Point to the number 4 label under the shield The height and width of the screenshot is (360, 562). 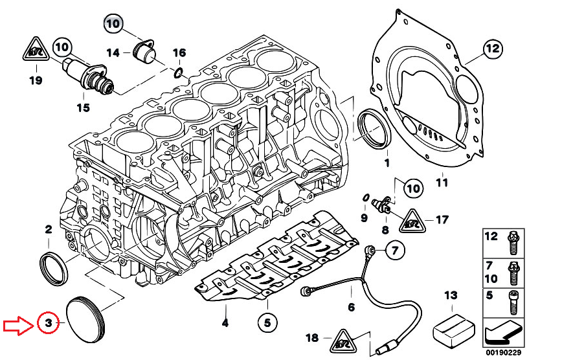[225, 322]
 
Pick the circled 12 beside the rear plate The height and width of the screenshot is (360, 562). [493, 48]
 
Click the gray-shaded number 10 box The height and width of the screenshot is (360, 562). [113, 25]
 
